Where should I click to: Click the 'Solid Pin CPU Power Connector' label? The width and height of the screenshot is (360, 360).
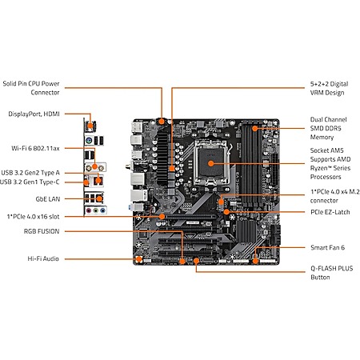pyautogui.click(x=31, y=88)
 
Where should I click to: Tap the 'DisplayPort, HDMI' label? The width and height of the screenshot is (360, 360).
pyautogui.click(x=34, y=114)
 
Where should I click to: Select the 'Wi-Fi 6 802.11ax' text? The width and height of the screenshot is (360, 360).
pyautogui.click(x=35, y=148)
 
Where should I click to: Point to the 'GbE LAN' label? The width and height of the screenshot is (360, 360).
pyautogui.click(x=48, y=199)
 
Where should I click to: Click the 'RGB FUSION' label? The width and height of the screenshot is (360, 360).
pyautogui.click(x=42, y=231)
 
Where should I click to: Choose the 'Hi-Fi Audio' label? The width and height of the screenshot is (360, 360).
pyautogui.click(x=43, y=258)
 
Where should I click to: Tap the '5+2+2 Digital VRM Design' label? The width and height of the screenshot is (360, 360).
pyautogui.click(x=329, y=88)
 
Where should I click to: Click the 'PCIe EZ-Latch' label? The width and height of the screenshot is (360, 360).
pyautogui.click(x=330, y=212)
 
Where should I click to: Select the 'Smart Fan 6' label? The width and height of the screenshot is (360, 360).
pyautogui.click(x=327, y=247)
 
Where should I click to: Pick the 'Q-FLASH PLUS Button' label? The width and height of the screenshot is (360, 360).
pyautogui.click(x=332, y=273)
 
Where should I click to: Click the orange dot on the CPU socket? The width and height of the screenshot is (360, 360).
pyautogui.click(x=211, y=163)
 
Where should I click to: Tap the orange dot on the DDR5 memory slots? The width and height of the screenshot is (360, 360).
pyautogui.click(x=255, y=129)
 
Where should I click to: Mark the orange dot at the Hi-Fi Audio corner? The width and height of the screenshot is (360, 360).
pyautogui.click(x=138, y=259)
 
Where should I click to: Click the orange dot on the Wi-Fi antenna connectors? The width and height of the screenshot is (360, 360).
pyautogui.click(x=94, y=167)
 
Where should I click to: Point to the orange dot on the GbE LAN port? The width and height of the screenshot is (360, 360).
pyautogui.click(x=99, y=198)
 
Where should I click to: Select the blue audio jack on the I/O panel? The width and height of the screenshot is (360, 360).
pyautogui.click(x=102, y=210)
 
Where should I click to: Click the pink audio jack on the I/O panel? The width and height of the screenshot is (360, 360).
pyautogui.click(x=89, y=210)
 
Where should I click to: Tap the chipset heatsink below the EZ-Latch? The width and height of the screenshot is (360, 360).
pyautogui.click(x=246, y=231)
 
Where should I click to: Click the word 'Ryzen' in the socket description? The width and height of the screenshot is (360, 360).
pyautogui.click(x=319, y=168)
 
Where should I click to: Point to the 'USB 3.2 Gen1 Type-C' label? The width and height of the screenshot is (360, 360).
pyautogui.click(x=30, y=182)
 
